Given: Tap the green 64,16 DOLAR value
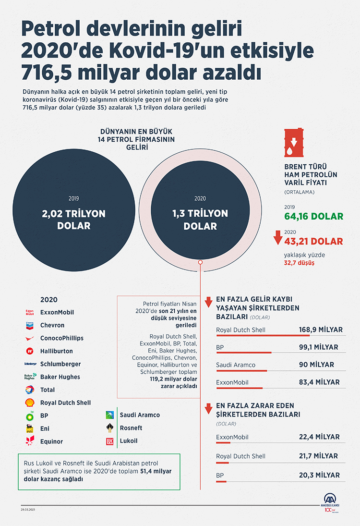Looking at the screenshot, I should (314, 216).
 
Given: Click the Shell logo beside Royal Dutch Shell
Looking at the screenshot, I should (30, 403).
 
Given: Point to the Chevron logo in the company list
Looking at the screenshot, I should (30, 325).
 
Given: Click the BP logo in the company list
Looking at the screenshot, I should (30, 416).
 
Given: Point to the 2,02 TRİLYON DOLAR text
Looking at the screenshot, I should (73, 219).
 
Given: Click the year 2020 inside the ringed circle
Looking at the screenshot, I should (200, 198).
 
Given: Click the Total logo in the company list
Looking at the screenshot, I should (30, 390).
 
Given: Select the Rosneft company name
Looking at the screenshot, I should (131, 428).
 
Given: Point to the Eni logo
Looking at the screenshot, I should (30, 428).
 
